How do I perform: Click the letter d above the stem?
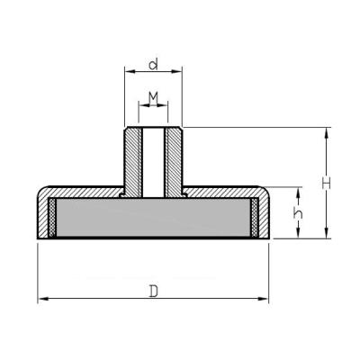click(153, 64)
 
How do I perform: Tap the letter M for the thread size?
click(153, 96)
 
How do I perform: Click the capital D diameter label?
click(154, 290)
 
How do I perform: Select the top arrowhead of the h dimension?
click(294, 191)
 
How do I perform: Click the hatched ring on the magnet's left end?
click(52, 219)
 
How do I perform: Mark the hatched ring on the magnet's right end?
click(255, 219)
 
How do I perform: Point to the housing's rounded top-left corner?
click(42, 192)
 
